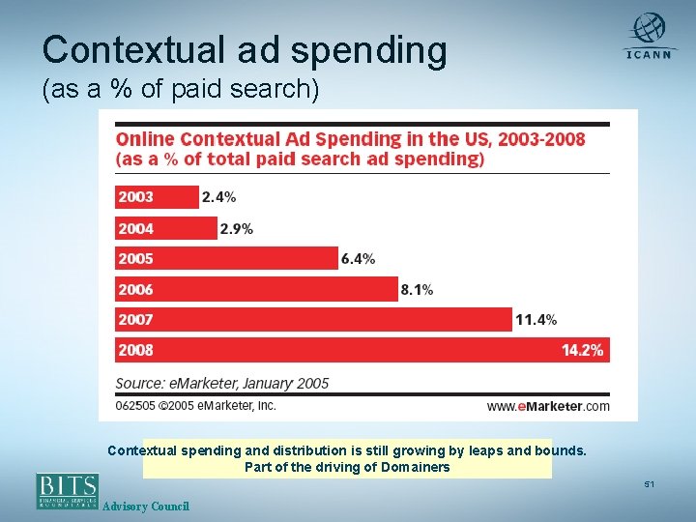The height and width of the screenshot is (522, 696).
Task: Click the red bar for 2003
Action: tap(157, 197)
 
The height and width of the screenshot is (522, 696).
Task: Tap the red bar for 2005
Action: tap(226, 258)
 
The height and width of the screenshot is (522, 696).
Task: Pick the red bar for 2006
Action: tap(256, 288)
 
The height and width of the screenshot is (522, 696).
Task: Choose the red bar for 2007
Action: tap(313, 319)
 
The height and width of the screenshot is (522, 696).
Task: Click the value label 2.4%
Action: tap(218, 197)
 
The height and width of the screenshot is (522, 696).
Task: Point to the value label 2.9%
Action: tap(237, 228)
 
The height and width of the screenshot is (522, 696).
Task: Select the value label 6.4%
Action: tap(358, 258)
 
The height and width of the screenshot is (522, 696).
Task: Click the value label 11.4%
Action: tap(536, 319)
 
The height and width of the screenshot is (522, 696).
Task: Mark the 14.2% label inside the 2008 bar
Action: tap(582, 350)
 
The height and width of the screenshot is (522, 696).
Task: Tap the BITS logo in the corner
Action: tap(68, 490)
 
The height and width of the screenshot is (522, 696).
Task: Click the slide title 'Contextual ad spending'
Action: tap(245, 50)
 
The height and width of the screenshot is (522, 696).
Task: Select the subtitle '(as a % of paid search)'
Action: tap(180, 90)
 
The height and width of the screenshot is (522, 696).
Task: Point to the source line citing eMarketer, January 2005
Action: tap(222, 383)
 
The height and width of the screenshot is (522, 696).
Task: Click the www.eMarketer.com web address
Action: tap(547, 407)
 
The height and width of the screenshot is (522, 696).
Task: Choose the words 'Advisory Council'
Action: tap(145, 507)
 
